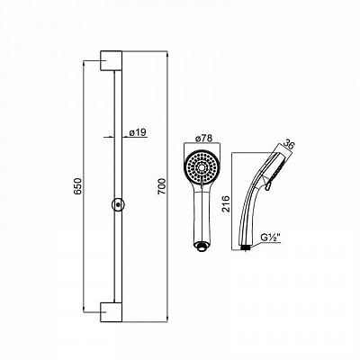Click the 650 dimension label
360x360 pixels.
coord(78,186)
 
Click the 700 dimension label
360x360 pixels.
coord(162,186)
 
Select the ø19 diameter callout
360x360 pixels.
coord(138,132)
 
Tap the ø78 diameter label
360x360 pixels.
coord(203,139)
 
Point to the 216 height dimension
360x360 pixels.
coord(226,203)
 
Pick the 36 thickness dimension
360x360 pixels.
coord(289,145)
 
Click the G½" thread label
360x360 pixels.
coord(270,238)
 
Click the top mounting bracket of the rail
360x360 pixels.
coord(111,61)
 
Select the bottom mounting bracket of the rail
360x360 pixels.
coord(111,312)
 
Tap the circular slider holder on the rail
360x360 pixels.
coord(118,205)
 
